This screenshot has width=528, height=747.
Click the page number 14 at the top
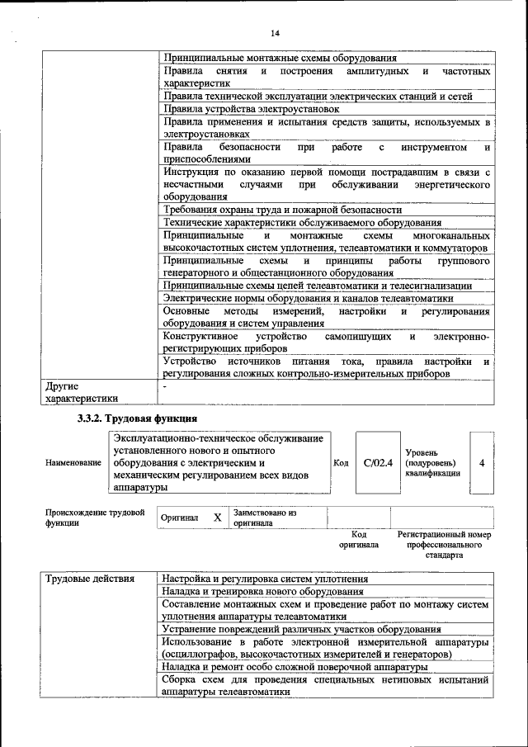(x=274, y=32)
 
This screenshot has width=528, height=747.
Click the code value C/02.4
(x=379, y=463)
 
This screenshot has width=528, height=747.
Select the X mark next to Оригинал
(x=218, y=518)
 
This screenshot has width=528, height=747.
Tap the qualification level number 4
(x=481, y=463)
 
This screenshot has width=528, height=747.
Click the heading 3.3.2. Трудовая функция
(x=137, y=418)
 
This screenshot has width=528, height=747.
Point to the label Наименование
(x=73, y=464)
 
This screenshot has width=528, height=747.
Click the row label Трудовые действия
(x=90, y=578)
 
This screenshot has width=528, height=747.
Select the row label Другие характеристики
(x=83, y=391)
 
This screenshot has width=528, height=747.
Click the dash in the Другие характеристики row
(x=166, y=385)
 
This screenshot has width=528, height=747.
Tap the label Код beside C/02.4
(x=341, y=463)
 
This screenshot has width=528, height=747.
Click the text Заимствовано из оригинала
(x=265, y=518)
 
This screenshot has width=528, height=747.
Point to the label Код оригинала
(x=358, y=540)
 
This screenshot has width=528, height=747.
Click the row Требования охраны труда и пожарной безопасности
(x=283, y=210)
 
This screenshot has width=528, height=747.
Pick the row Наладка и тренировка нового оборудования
(x=263, y=591)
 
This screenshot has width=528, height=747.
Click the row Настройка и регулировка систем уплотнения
(x=265, y=578)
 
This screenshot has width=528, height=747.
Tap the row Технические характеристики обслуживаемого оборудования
(x=302, y=223)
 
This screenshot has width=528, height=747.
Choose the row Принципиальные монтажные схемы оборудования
(x=280, y=59)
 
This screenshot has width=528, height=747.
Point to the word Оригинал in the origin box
(x=180, y=518)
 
